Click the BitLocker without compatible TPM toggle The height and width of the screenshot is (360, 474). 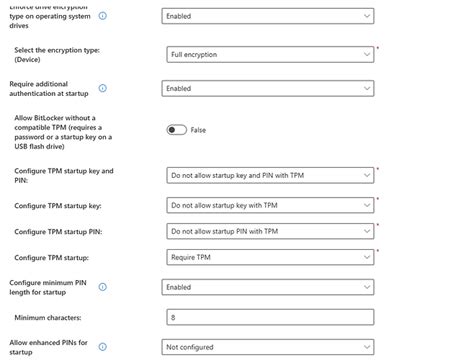[x=177, y=130]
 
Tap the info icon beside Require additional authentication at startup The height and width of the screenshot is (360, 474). [x=103, y=88]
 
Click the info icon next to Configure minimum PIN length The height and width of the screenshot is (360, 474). [x=103, y=287]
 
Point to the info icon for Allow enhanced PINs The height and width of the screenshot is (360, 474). [x=103, y=347]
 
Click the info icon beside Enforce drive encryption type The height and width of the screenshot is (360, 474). [x=103, y=16]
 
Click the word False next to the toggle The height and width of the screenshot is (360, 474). [x=198, y=130]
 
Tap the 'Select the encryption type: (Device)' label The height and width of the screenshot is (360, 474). [x=57, y=54]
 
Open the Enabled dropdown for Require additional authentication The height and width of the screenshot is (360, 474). [x=267, y=88]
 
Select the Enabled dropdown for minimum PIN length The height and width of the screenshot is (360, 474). [x=267, y=287]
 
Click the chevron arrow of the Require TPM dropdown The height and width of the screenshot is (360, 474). [x=366, y=257]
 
